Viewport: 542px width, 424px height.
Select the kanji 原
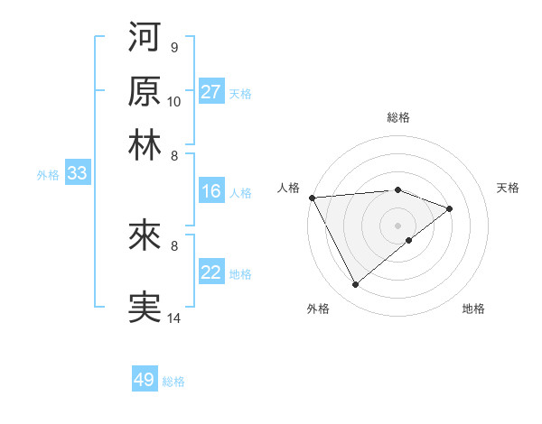pos(145,90)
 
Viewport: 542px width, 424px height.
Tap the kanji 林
pos(145,144)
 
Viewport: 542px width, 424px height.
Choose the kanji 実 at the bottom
pos(145,307)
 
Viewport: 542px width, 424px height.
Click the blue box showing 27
pos(211,92)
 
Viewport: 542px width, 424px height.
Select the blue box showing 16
pos(211,191)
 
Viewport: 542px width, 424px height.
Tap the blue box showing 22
pos(211,273)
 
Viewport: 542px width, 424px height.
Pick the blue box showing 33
pos(77,174)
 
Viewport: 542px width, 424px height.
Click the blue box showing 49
pos(145,380)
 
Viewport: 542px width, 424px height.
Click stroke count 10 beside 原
pos(174,101)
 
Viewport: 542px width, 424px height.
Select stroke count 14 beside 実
pos(174,318)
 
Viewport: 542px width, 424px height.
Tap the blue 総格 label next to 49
pos(173,382)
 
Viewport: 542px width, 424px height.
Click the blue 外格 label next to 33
pos(48,175)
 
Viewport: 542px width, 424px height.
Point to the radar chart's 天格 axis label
pos(509,188)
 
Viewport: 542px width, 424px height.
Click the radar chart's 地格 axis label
pos(473,309)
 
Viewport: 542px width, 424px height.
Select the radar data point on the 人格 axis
pos(312,198)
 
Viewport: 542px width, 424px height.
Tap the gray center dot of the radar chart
pos(397,224)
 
